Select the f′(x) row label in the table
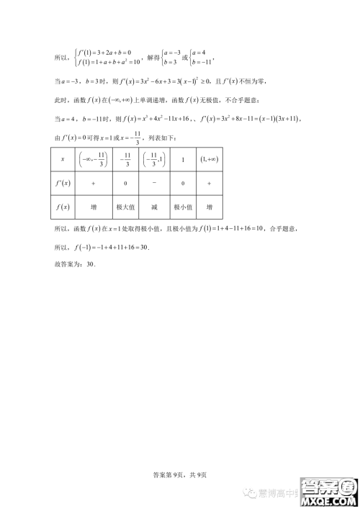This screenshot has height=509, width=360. (x=62, y=183)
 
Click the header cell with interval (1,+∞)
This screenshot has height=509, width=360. (x=209, y=159)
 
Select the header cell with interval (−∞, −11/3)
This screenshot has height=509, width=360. (x=94, y=159)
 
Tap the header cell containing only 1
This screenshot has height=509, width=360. (x=183, y=159)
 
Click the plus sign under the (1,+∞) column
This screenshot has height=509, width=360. (x=209, y=183)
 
